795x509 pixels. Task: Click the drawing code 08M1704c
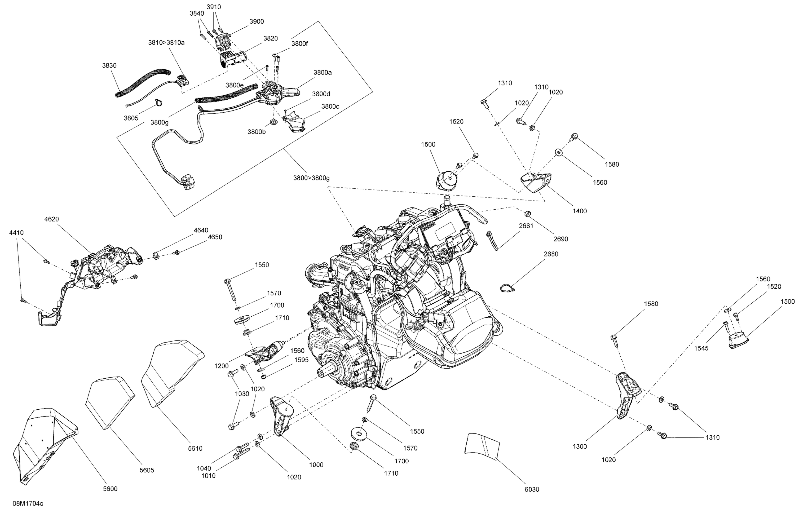[x=28, y=503]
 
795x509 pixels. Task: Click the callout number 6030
[x=532, y=489]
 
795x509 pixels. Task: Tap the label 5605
[x=147, y=470]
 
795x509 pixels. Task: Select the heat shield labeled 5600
[x=46, y=443]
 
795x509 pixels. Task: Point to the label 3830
[x=109, y=65]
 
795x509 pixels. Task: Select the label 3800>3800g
[x=311, y=178]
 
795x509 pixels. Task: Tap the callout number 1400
[x=580, y=211]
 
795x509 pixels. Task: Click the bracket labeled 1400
[x=536, y=182]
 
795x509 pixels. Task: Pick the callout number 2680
[x=551, y=254]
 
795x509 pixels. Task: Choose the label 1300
[x=580, y=446]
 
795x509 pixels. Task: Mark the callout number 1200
[x=221, y=366]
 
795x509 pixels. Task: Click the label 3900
[x=257, y=21]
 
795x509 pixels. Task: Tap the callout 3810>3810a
[x=166, y=42]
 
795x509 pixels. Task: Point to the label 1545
[x=701, y=348]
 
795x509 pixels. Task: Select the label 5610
[x=195, y=448]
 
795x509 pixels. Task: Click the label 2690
[x=561, y=239]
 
